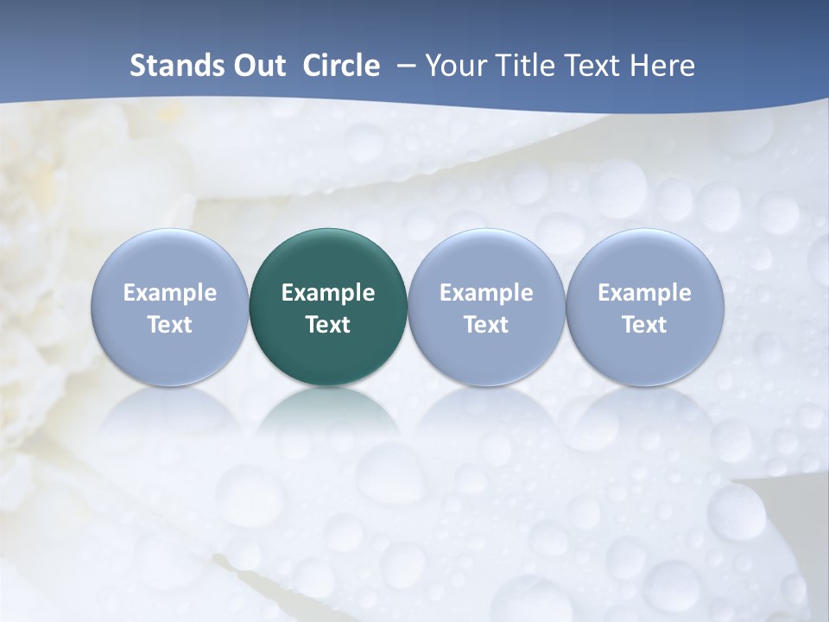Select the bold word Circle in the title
click(x=341, y=66)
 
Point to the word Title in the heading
click(x=525, y=66)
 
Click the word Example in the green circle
click(x=328, y=293)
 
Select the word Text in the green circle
click(x=328, y=325)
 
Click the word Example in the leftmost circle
click(x=169, y=293)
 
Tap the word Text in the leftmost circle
click(x=169, y=325)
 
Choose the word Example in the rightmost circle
click(x=645, y=293)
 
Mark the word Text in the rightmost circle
click(x=645, y=325)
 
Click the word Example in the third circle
click(x=486, y=293)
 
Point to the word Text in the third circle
click(x=486, y=325)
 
